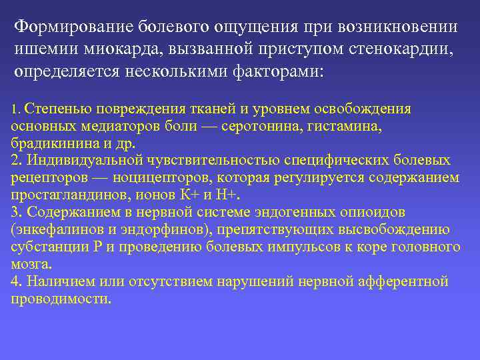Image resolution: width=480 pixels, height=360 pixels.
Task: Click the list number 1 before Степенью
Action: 15,109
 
